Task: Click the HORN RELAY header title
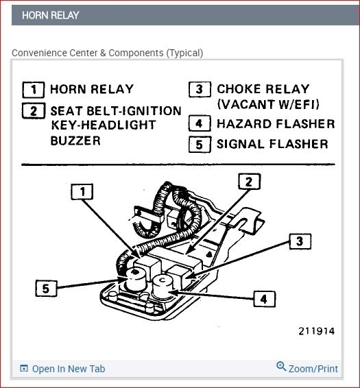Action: [x=50, y=15]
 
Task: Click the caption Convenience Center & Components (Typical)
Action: [x=108, y=53]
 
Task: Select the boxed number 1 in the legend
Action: [x=34, y=90]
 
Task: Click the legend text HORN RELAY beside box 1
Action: [x=93, y=89]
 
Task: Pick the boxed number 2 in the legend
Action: [x=34, y=111]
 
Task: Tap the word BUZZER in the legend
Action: [x=75, y=141]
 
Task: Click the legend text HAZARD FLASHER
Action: [x=276, y=124]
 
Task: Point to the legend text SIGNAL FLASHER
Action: [x=272, y=144]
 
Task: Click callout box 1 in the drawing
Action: [x=82, y=193]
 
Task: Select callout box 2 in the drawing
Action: [x=249, y=182]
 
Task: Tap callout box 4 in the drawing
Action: [x=263, y=299]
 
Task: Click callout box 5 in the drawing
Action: [x=46, y=288]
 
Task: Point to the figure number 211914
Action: [x=316, y=331]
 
